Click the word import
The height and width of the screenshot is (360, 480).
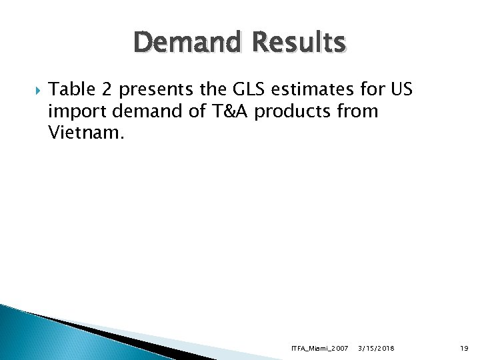coord(74,111)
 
